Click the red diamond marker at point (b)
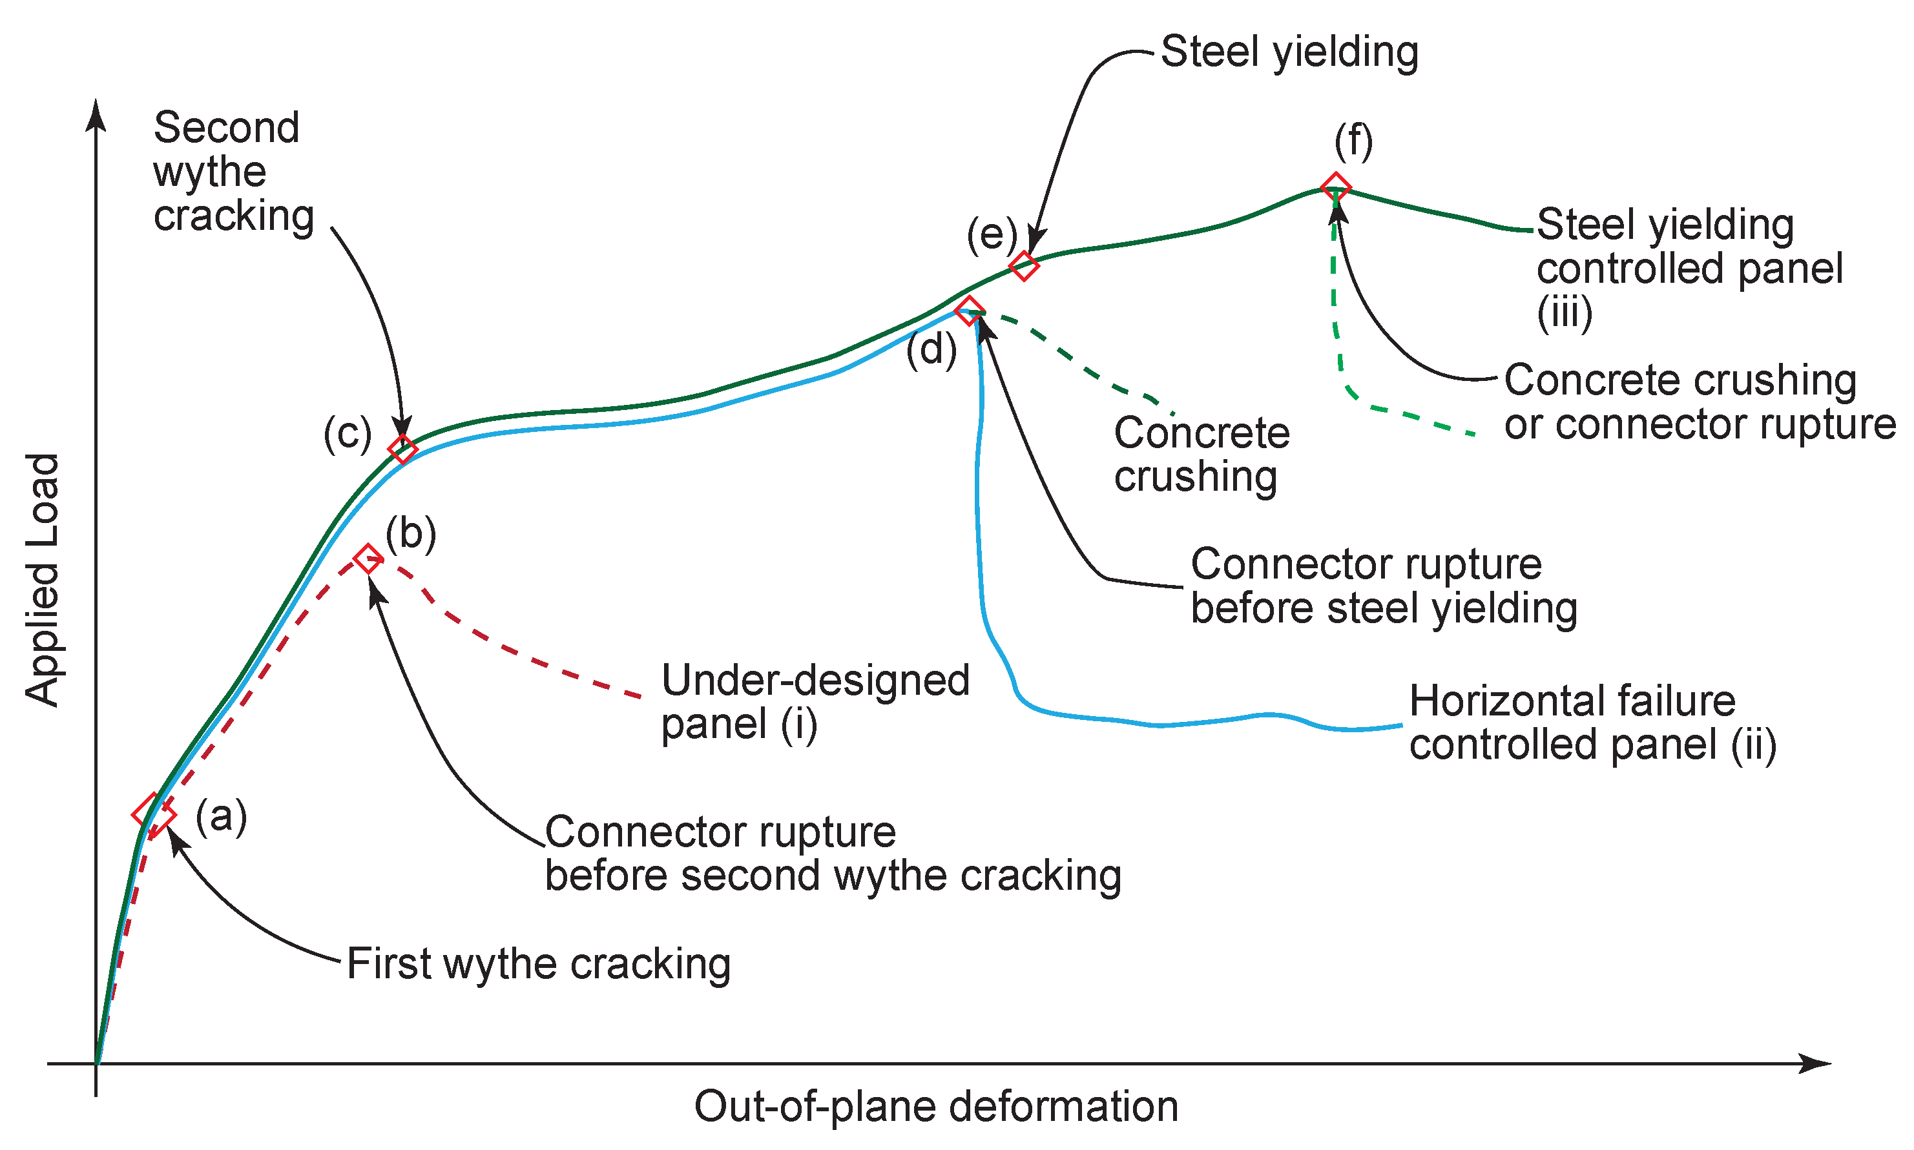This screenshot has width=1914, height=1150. (368, 558)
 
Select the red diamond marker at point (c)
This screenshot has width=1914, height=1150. (402, 448)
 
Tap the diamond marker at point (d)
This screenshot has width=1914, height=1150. (969, 310)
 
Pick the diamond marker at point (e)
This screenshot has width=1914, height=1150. (1023, 266)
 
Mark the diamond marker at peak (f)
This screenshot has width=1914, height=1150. (1336, 187)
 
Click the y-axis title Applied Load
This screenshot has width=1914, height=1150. (42, 579)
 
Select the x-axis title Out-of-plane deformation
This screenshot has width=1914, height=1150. (935, 1106)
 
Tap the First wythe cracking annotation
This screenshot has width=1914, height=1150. (538, 963)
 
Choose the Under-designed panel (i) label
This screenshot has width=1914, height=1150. (814, 702)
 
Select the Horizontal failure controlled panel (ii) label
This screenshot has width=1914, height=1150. (1592, 723)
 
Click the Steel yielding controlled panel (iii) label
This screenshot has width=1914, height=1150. (1689, 267)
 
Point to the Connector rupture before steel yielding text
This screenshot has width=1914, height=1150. (1383, 586)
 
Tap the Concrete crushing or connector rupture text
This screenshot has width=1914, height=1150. (1700, 402)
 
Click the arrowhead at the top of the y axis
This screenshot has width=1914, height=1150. (96, 115)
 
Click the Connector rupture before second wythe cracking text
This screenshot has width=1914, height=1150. (833, 853)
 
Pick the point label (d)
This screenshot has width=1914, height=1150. (931, 350)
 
